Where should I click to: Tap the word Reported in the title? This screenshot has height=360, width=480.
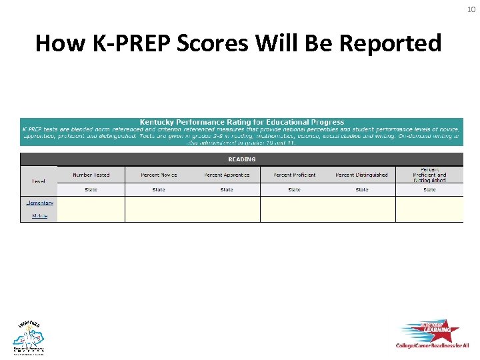pyautogui.click(x=390, y=43)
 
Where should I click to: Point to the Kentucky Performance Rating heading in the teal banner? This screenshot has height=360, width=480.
pyautogui.click(x=241, y=122)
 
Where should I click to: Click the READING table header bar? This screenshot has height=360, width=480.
pyautogui.click(x=241, y=159)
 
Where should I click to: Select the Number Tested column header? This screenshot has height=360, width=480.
pyautogui.click(x=91, y=175)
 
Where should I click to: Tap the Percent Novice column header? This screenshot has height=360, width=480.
pyautogui.click(x=159, y=175)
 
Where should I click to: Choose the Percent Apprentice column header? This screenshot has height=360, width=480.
pyautogui.click(x=227, y=175)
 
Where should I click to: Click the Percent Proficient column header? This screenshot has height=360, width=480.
pyautogui.click(x=294, y=175)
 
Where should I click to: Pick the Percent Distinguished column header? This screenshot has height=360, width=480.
pyautogui.click(x=361, y=175)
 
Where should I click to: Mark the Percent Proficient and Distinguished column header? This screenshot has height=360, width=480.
pyautogui.click(x=429, y=175)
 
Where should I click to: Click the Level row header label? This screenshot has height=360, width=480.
pyautogui.click(x=38, y=181)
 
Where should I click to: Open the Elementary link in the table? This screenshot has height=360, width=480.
pyautogui.click(x=39, y=203)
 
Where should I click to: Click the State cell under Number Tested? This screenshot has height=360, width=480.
pyautogui.click(x=91, y=190)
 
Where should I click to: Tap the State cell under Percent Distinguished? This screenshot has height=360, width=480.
pyautogui.click(x=361, y=190)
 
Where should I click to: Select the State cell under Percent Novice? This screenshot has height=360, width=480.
pyautogui.click(x=159, y=190)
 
